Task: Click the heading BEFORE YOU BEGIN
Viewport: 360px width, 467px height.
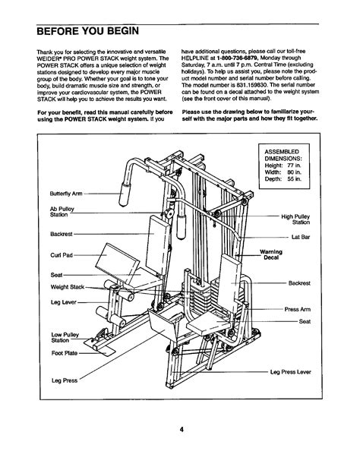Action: (x=88, y=31)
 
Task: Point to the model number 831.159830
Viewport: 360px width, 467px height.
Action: (x=246, y=85)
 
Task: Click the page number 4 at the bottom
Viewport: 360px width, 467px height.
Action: (x=182, y=430)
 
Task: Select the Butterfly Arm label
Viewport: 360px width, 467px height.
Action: (x=66, y=194)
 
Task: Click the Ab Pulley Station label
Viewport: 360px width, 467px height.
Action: (x=62, y=212)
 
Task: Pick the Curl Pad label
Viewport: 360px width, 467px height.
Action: (x=62, y=255)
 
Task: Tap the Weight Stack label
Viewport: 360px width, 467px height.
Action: (x=68, y=287)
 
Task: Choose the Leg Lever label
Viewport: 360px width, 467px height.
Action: (x=64, y=302)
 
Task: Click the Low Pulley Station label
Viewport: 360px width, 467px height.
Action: (x=65, y=337)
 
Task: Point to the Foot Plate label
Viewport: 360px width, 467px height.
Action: (x=65, y=353)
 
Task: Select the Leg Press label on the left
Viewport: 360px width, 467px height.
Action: (x=65, y=380)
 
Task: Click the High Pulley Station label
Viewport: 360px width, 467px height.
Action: (x=295, y=219)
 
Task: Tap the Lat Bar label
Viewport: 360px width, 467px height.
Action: (x=301, y=237)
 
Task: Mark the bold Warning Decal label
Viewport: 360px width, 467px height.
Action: (x=271, y=254)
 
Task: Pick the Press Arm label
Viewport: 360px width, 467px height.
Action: (x=297, y=309)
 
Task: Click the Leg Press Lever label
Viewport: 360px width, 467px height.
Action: (x=290, y=372)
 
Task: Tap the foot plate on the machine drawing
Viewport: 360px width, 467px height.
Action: (x=99, y=347)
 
